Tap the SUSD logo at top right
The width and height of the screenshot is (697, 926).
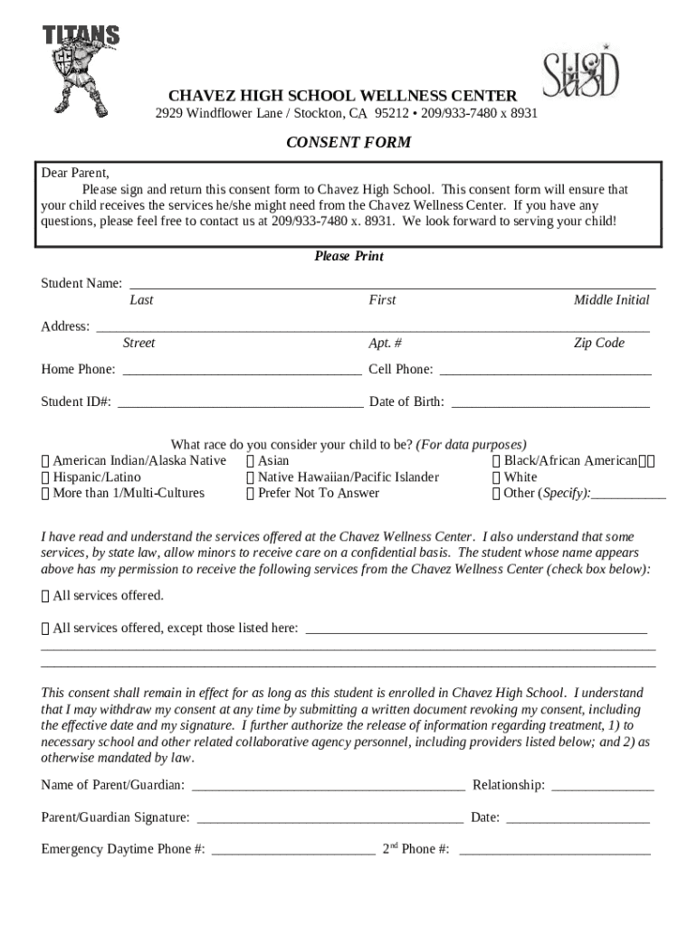580,72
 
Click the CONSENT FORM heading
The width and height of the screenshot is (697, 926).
348,143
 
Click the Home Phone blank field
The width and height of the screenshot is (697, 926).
242,370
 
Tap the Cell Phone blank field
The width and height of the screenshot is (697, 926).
545,370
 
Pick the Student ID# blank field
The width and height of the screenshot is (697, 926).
240,402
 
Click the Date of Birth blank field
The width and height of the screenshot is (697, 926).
550,402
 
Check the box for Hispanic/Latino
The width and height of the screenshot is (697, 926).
46,477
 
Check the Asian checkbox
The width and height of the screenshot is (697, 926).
251,461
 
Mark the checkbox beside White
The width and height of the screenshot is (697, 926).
497,477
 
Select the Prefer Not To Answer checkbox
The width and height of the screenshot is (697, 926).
251,494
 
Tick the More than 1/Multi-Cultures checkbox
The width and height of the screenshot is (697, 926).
46,494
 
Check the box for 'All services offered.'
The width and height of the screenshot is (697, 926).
46,596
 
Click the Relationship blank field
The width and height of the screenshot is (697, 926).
602,786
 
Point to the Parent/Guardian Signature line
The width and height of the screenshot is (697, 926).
329,818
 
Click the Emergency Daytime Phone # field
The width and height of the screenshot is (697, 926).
293,850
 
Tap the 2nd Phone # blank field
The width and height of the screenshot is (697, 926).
554,850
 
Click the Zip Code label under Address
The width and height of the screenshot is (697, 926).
598,344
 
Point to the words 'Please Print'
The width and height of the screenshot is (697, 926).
348,257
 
